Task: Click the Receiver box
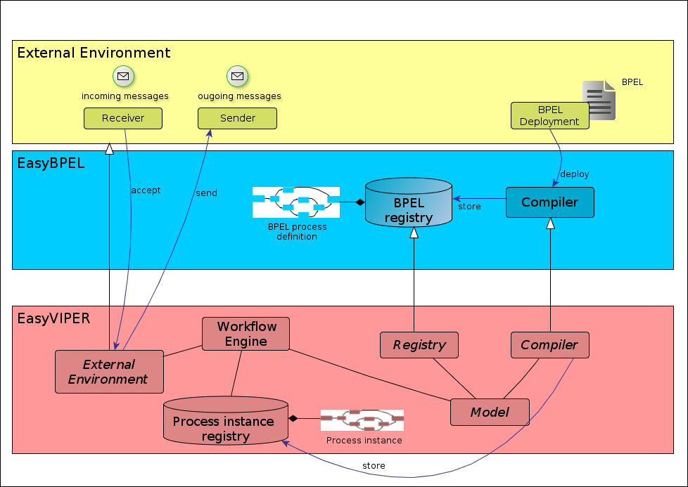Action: click(x=123, y=118)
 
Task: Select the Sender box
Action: click(x=237, y=118)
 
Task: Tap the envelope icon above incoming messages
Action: click(x=123, y=77)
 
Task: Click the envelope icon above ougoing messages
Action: click(x=237, y=77)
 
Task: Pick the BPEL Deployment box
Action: click(x=550, y=116)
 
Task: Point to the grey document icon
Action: click(x=599, y=100)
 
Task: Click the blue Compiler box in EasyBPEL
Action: click(x=550, y=202)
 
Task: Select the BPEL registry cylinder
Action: click(x=409, y=202)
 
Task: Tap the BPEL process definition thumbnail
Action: click(x=296, y=202)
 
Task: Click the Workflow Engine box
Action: click(x=246, y=334)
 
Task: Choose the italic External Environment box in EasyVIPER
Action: click(x=109, y=372)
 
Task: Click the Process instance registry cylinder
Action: click(x=226, y=420)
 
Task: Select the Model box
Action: click(x=490, y=412)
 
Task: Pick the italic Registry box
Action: click(x=419, y=345)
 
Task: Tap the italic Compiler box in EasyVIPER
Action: click(x=550, y=345)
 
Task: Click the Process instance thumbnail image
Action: click(x=362, y=420)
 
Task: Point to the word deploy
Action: click(x=574, y=174)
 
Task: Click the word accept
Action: click(x=146, y=190)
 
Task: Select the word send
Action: click(x=206, y=193)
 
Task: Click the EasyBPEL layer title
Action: click(x=51, y=163)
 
